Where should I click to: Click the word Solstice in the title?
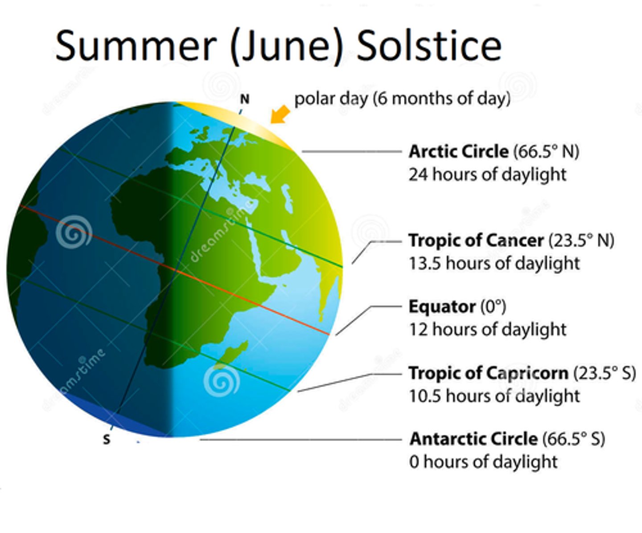click(429, 46)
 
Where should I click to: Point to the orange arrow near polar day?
click(280, 114)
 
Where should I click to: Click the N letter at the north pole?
click(245, 99)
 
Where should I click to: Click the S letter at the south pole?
click(107, 440)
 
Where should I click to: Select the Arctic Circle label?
click(458, 152)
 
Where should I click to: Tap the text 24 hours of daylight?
click(487, 174)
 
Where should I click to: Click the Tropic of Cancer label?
click(476, 240)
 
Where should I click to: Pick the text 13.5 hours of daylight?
click(494, 263)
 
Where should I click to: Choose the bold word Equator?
click(442, 307)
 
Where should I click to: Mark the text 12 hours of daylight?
click(487, 330)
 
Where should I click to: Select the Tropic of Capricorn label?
click(488, 373)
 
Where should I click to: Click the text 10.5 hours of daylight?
click(494, 396)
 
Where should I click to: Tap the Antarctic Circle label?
click(473, 439)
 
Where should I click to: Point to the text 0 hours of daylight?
click(483, 462)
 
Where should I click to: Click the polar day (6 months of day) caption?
click(402, 99)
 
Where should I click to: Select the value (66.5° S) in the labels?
click(573, 439)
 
